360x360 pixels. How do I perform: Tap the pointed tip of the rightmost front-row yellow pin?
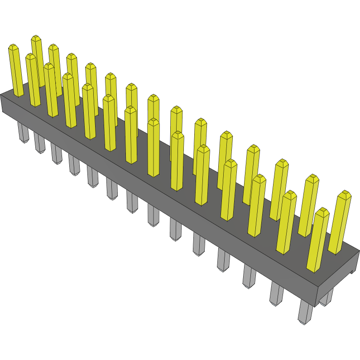322,211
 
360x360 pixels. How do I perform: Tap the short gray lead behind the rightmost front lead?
326,297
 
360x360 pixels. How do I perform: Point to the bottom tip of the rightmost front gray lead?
304,322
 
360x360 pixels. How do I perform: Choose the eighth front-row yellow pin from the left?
153,147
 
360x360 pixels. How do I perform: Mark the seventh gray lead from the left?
132,201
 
